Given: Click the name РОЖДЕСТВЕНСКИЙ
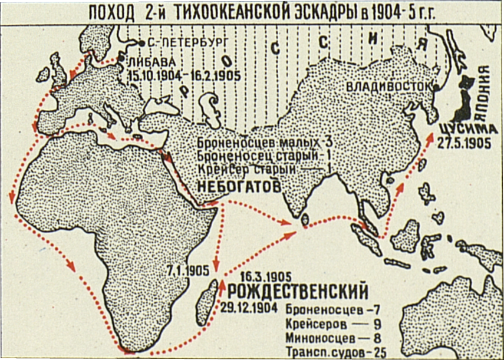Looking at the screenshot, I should [x=298, y=292].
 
